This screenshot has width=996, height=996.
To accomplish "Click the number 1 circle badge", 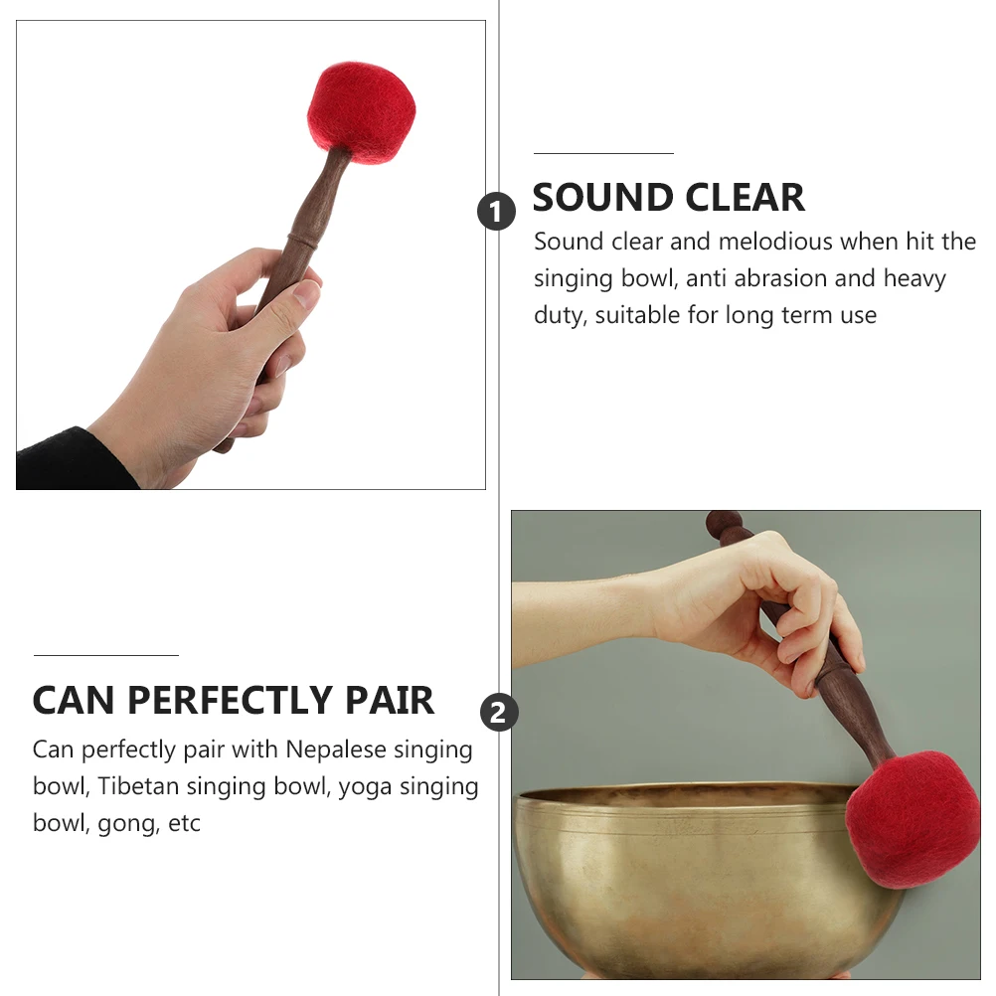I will [x=497, y=212].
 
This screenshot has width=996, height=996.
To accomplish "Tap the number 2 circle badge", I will [x=499, y=712].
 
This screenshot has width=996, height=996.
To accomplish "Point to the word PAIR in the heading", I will [x=391, y=701].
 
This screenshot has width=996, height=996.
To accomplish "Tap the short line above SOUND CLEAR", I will [x=603, y=154].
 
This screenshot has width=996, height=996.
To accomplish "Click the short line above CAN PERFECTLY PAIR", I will [x=105, y=656].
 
